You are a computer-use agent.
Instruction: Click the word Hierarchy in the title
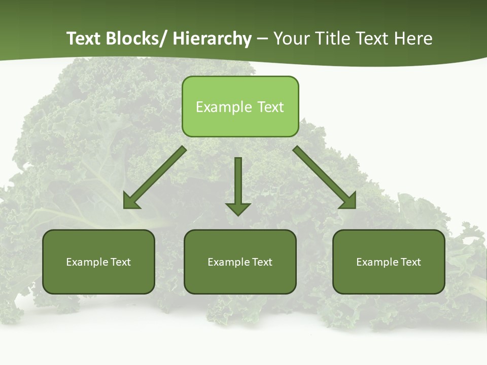point(212,39)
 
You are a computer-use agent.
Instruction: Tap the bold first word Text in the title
point(83,39)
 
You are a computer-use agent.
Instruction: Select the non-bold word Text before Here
point(373,39)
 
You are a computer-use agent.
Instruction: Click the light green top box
point(240,106)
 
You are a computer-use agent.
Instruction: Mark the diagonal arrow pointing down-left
point(155,177)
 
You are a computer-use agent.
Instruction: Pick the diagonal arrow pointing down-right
point(325,177)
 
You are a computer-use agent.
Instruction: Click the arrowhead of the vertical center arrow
point(238,208)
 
